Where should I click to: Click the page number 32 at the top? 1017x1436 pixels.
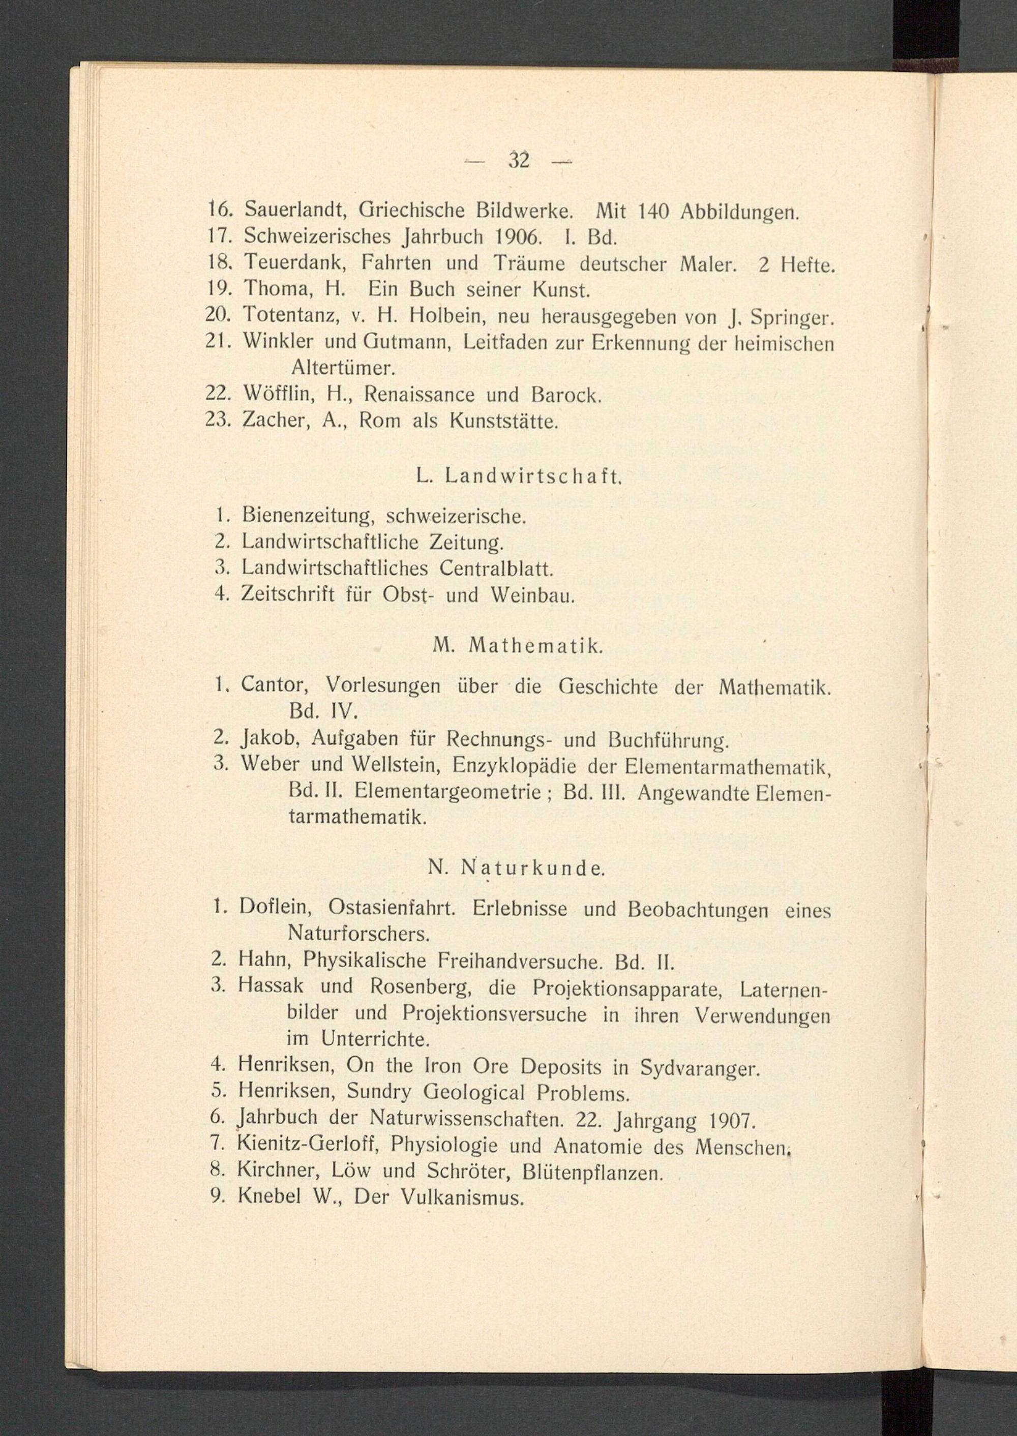click(519, 161)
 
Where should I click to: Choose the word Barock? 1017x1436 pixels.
click(565, 395)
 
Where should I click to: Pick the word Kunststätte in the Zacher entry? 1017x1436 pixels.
click(502, 421)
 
